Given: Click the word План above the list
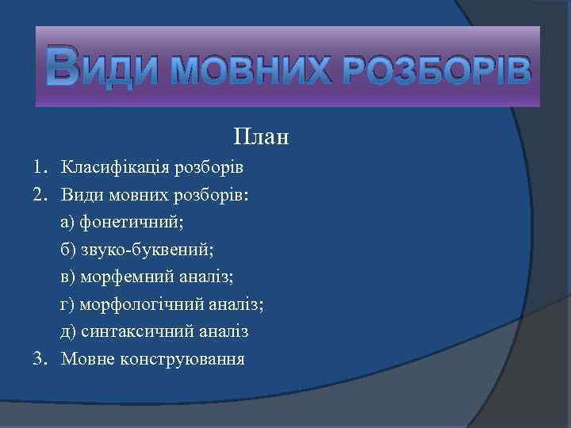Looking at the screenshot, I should [x=262, y=137].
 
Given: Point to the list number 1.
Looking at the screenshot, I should [x=39, y=167].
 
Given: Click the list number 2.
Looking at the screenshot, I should [x=39, y=194].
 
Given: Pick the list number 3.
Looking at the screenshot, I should [x=39, y=359].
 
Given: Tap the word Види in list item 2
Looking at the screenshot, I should [x=79, y=194].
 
